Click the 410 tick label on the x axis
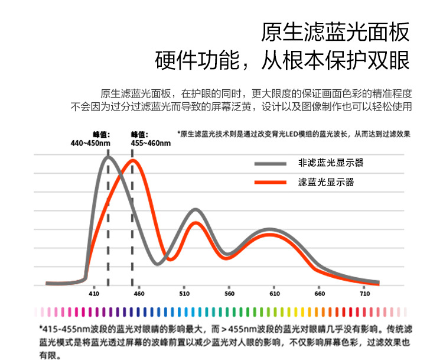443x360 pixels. [93, 294]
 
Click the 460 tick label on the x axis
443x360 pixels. [139, 294]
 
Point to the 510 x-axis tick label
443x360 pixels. [184, 294]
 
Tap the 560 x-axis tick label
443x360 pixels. [230, 294]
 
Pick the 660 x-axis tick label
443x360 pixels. [320, 294]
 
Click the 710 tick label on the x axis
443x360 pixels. [365, 294]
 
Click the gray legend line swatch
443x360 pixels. [271, 164]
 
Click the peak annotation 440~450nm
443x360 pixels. [90, 143]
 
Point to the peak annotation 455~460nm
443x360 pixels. [146, 143]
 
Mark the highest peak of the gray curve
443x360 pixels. [108, 157]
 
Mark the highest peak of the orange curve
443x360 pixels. [133, 161]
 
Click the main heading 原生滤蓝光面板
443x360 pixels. [335, 33]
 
